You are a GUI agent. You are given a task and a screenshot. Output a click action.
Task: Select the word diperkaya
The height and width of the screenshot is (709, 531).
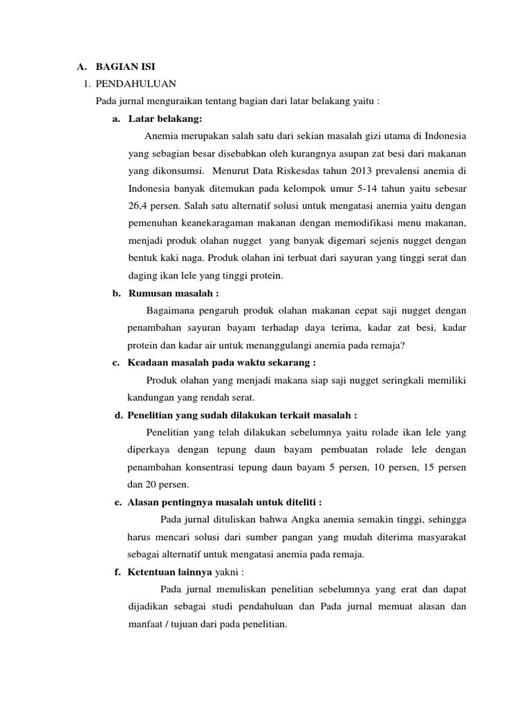pyautogui.click(x=148, y=450)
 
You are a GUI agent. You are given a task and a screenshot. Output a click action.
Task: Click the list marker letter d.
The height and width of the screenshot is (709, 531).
pyautogui.click(x=117, y=415)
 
